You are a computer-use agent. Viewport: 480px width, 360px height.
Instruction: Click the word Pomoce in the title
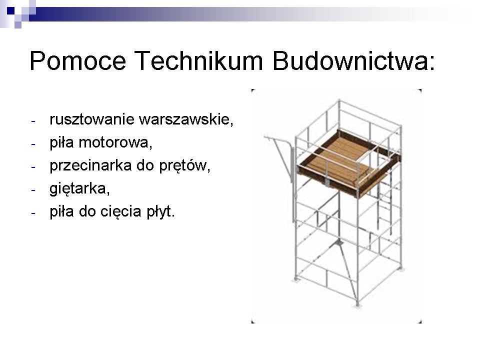click(78, 60)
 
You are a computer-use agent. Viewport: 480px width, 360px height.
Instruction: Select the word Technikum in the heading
click(198, 60)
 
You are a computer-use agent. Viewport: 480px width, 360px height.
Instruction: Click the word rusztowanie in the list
click(92, 119)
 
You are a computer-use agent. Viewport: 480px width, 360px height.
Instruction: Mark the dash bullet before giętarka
click(33, 190)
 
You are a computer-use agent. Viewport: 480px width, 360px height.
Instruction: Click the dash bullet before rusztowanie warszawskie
click(33, 121)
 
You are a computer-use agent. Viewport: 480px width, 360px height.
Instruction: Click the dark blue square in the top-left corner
click(10, 10)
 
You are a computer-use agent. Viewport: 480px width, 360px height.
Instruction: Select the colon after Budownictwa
click(431, 63)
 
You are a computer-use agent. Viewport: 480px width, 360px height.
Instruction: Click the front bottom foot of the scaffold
click(357, 304)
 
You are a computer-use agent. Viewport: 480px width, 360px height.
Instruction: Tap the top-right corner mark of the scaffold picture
click(419, 91)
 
